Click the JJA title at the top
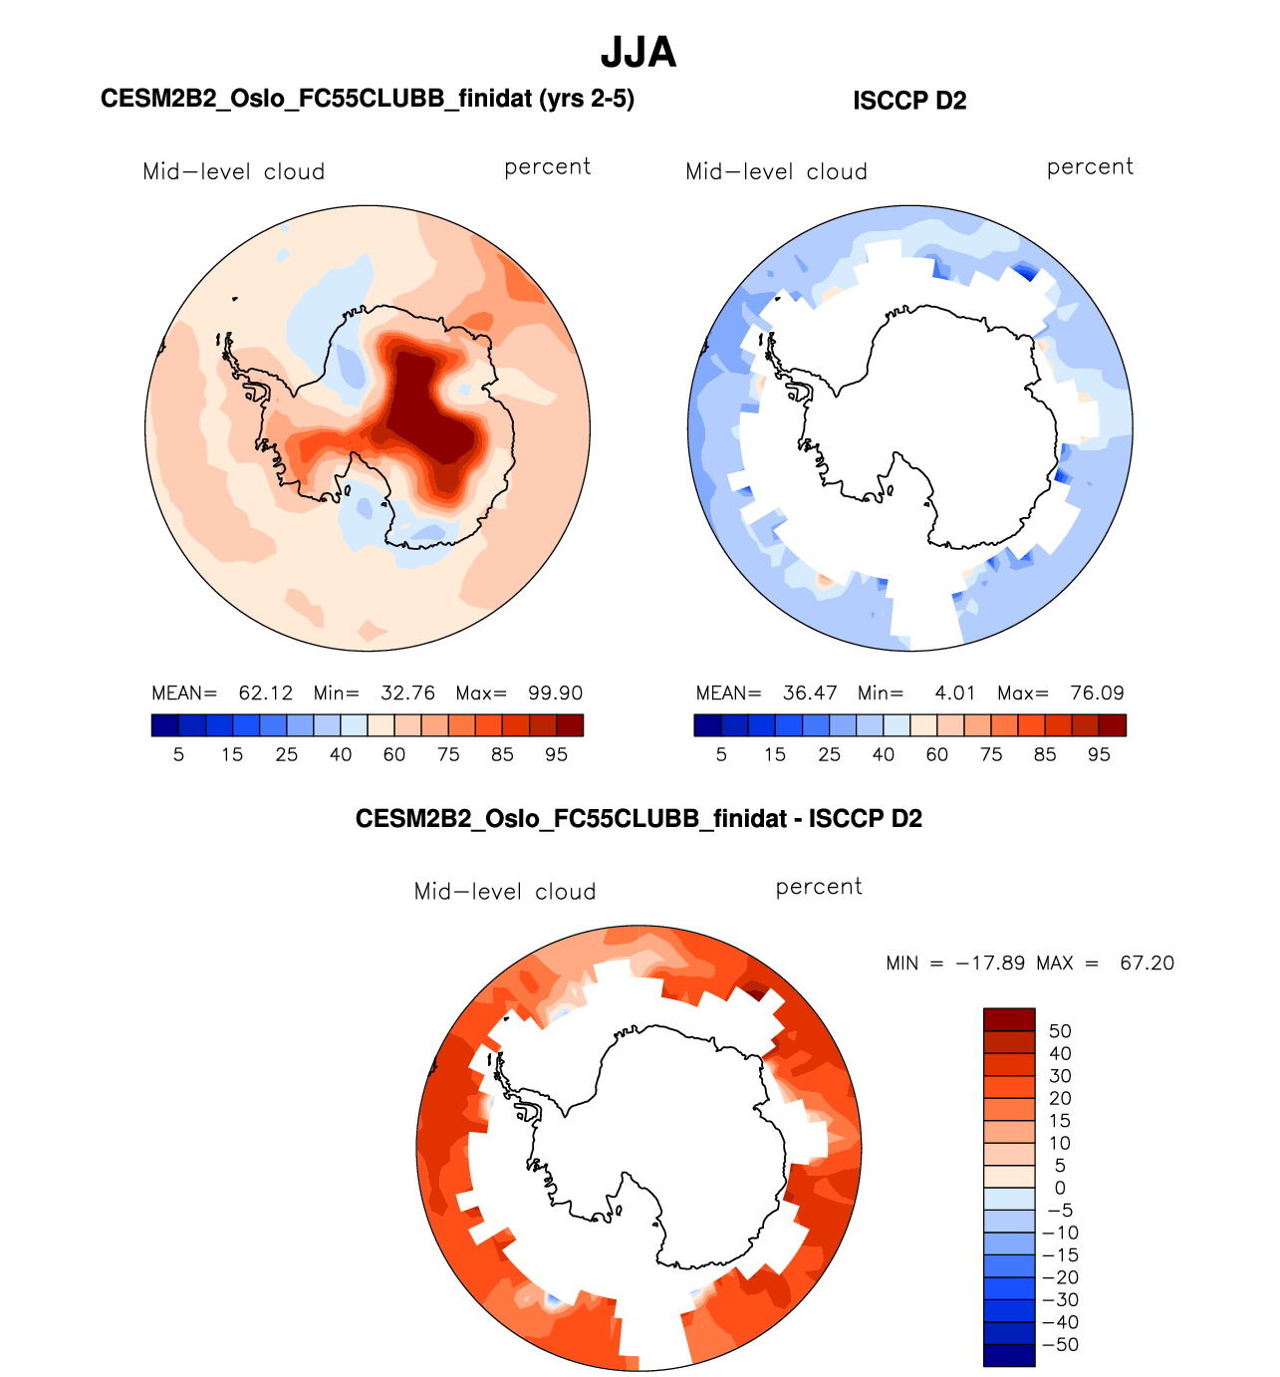[x=639, y=53]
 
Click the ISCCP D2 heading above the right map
[x=909, y=101]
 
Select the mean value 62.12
[x=266, y=693]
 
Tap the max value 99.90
[x=556, y=693]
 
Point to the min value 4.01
[x=955, y=693]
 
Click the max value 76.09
[x=1098, y=693]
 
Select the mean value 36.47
[x=810, y=693]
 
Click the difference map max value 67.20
[x=1147, y=964]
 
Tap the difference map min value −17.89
[x=990, y=964]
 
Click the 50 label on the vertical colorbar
[x=1060, y=1031]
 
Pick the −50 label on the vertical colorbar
[x=1059, y=1345]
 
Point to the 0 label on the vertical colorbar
[x=1060, y=1188]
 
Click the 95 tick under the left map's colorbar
[x=556, y=755]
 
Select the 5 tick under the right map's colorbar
[x=721, y=755]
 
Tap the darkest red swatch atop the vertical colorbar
[x=1009, y=1019]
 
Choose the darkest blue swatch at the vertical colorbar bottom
[x=1009, y=1355]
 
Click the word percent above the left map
[x=548, y=167]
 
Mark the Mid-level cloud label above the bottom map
[x=505, y=892]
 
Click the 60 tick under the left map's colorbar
[x=394, y=755]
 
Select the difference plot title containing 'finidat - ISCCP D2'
[x=639, y=819]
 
